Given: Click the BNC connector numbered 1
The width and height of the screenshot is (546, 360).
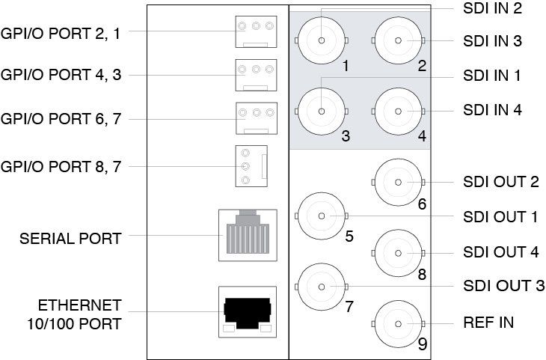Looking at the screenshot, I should (x=322, y=40).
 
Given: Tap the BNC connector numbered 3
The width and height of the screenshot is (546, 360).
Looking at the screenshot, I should (x=322, y=112).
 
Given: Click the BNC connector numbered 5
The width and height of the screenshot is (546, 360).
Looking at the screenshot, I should (x=322, y=216).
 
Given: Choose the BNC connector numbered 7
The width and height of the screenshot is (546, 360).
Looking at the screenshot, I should (x=322, y=286).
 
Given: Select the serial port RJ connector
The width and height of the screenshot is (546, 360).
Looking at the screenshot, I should (x=247, y=235).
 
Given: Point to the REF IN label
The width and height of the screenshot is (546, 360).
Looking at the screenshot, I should (x=488, y=323).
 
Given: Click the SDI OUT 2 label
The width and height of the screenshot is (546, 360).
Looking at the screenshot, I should (x=500, y=182).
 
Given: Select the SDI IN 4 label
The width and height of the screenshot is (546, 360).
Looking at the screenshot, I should (x=491, y=111).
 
